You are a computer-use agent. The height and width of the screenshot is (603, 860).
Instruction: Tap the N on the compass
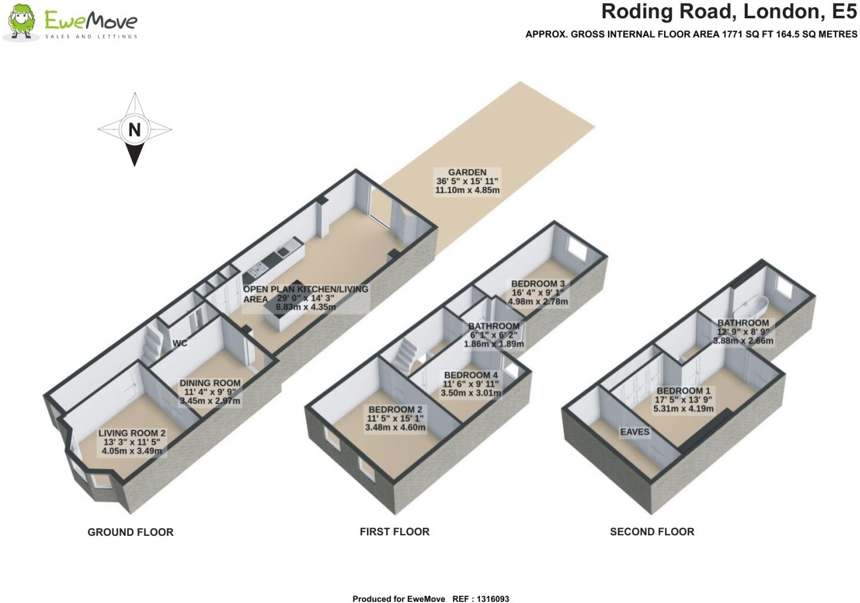[x=134, y=129]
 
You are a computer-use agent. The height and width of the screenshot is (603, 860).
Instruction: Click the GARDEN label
[x=467, y=172]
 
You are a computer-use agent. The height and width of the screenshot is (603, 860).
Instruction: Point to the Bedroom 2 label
[x=396, y=409]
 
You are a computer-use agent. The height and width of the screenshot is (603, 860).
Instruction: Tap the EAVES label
[x=635, y=432]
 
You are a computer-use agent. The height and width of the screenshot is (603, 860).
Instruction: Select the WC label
[x=180, y=343]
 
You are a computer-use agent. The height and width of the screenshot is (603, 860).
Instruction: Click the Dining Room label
[x=210, y=383]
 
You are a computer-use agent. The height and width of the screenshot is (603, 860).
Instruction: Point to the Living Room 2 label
[x=132, y=433]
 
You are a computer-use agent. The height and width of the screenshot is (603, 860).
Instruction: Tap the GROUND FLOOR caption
[x=130, y=532]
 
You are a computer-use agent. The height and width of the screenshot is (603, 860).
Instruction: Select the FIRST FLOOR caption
[x=394, y=532]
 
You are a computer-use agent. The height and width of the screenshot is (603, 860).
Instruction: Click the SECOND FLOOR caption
[x=652, y=532]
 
